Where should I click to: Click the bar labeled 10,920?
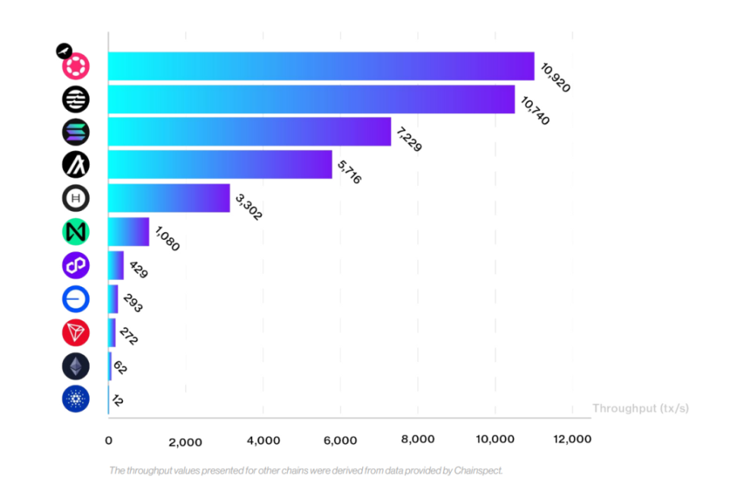[320, 67]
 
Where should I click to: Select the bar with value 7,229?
[249, 131]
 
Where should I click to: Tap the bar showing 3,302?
[169, 198]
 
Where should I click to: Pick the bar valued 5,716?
[219, 165]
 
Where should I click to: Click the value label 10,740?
[537, 109]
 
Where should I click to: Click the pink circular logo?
[76, 67]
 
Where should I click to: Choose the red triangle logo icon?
[76, 332]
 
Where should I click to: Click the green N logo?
[76, 231]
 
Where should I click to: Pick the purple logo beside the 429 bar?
[76, 266]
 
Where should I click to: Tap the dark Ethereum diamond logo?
[76, 367]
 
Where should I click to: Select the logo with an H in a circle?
[76, 199]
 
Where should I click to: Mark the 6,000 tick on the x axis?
[340, 440]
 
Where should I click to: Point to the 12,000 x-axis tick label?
[572, 439]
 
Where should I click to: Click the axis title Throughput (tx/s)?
[641, 408]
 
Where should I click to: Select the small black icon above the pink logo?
[64, 51]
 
